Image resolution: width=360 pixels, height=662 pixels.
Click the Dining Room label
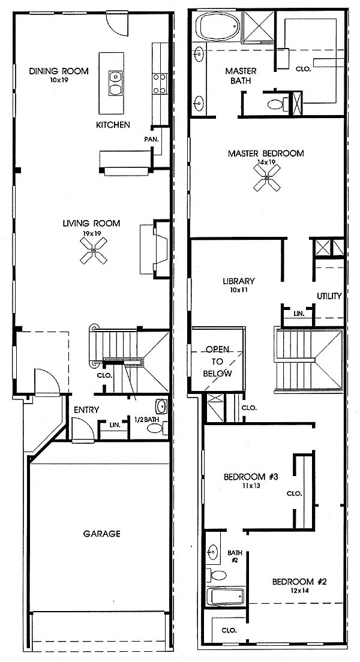pyautogui.click(x=59, y=71)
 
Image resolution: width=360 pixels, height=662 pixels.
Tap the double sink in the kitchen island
pyautogui.click(x=115, y=83)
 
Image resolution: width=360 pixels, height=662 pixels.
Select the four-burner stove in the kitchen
pyautogui.click(x=160, y=83)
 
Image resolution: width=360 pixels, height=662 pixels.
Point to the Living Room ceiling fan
pyautogui.click(x=94, y=251)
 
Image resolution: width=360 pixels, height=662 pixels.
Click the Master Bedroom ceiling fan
pyautogui.click(x=267, y=177)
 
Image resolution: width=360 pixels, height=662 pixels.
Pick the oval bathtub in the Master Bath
pyautogui.click(x=219, y=26)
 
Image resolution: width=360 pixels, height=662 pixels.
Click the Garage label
pyautogui.click(x=101, y=534)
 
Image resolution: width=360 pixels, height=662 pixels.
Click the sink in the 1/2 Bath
pyautogui.click(x=161, y=406)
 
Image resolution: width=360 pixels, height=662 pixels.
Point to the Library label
pyautogui.click(x=239, y=281)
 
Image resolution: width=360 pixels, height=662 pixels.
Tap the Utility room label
pyautogui.click(x=329, y=296)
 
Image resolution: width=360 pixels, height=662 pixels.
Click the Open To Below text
pyautogui.click(x=218, y=362)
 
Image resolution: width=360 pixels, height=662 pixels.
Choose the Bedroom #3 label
pyautogui.click(x=251, y=477)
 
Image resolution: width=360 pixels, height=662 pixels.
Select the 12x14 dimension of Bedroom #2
pyautogui.click(x=299, y=591)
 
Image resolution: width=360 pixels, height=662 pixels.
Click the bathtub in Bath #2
pyautogui.click(x=226, y=596)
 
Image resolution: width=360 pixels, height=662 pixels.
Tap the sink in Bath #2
pyautogui.click(x=213, y=552)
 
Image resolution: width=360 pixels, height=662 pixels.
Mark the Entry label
pyautogui.click(x=86, y=410)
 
